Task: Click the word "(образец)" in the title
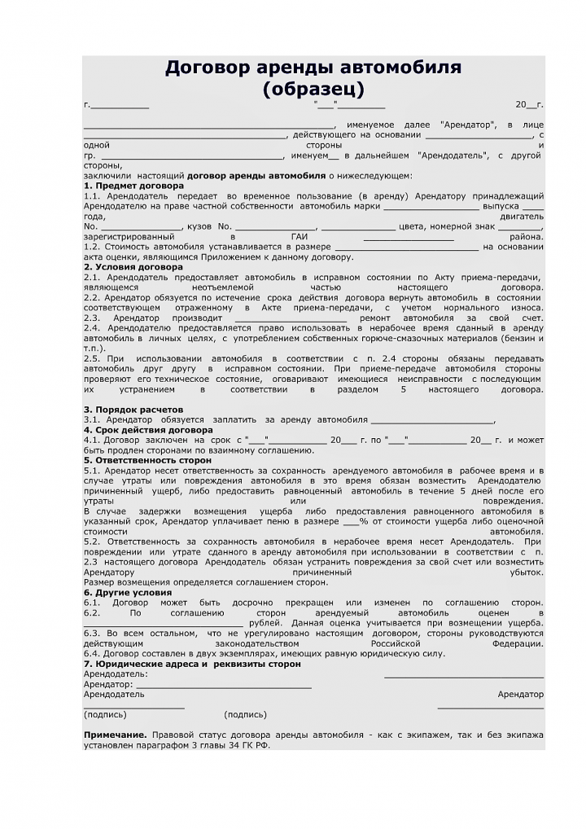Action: (313, 88)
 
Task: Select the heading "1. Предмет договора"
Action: (133, 186)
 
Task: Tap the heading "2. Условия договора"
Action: (133, 267)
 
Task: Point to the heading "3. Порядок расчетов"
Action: (133, 410)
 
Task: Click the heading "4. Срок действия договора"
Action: (148, 430)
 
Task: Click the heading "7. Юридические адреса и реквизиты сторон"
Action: (192, 664)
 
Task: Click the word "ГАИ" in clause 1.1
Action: (299, 236)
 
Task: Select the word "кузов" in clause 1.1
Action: (199, 226)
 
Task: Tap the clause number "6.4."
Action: (92, 653)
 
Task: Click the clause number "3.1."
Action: (92, 420)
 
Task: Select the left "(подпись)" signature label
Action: (105, 715)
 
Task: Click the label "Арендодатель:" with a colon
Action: (116, 674)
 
